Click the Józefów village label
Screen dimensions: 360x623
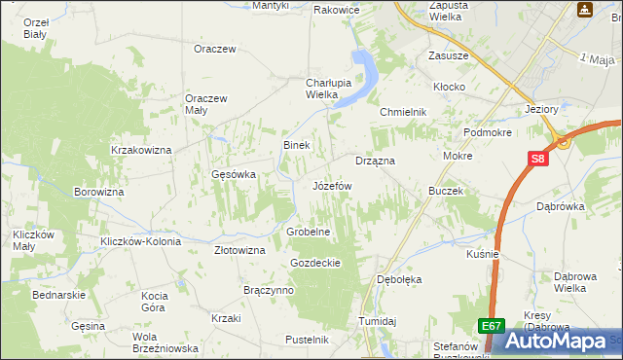point(331,185)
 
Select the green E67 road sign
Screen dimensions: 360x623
point(492,327)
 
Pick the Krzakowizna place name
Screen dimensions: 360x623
point(141,150)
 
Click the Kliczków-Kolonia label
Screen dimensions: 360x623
point(136,240)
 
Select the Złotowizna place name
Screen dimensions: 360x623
point(239,250)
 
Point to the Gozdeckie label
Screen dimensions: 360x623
point(314,263)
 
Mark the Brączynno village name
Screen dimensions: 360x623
point(269,291)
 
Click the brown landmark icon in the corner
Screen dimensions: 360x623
point(585,10)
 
